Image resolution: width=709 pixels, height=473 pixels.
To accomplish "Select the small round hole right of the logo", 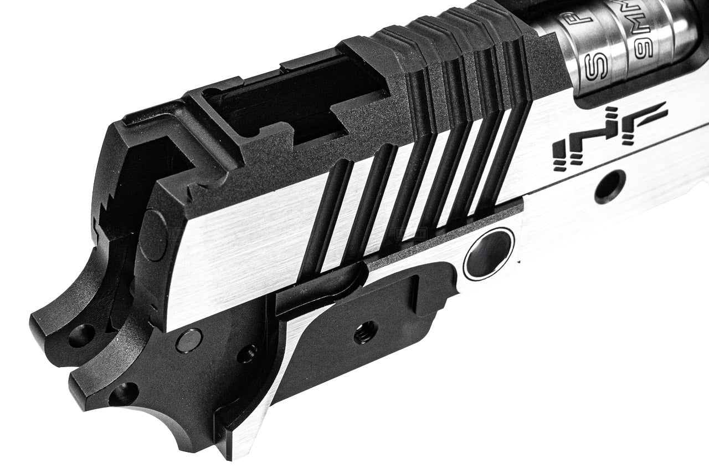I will click(x=610, y=186).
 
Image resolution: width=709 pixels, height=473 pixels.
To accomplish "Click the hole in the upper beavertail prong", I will click(x=82, y=335).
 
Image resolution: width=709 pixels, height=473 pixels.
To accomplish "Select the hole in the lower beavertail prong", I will click(x=123, y=394).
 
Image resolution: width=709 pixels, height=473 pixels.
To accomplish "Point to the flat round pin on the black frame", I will click(x=189, y=340).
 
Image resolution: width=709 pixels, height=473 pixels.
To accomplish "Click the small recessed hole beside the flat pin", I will click(x=248, y=354).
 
